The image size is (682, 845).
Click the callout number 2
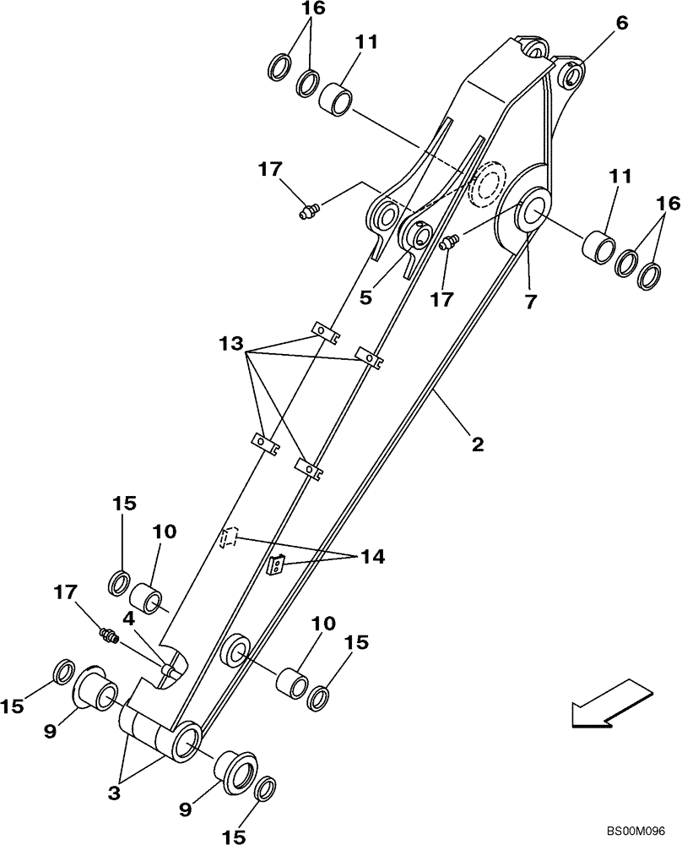pyautogui.click(x=477, y=444)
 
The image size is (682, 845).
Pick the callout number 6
pyautogui.click(x=621, y=25)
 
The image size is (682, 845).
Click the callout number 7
pyautogui.click(x=530, y=302)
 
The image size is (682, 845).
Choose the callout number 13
pyautogui.click(x=231, y=346)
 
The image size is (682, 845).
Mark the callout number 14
pyautogui.click(x=372, y=557)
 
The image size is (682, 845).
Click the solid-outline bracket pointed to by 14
pyautogui.click(x=275, y=564)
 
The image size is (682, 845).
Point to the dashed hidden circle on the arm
pyautogui.click(x=484, y=184)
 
